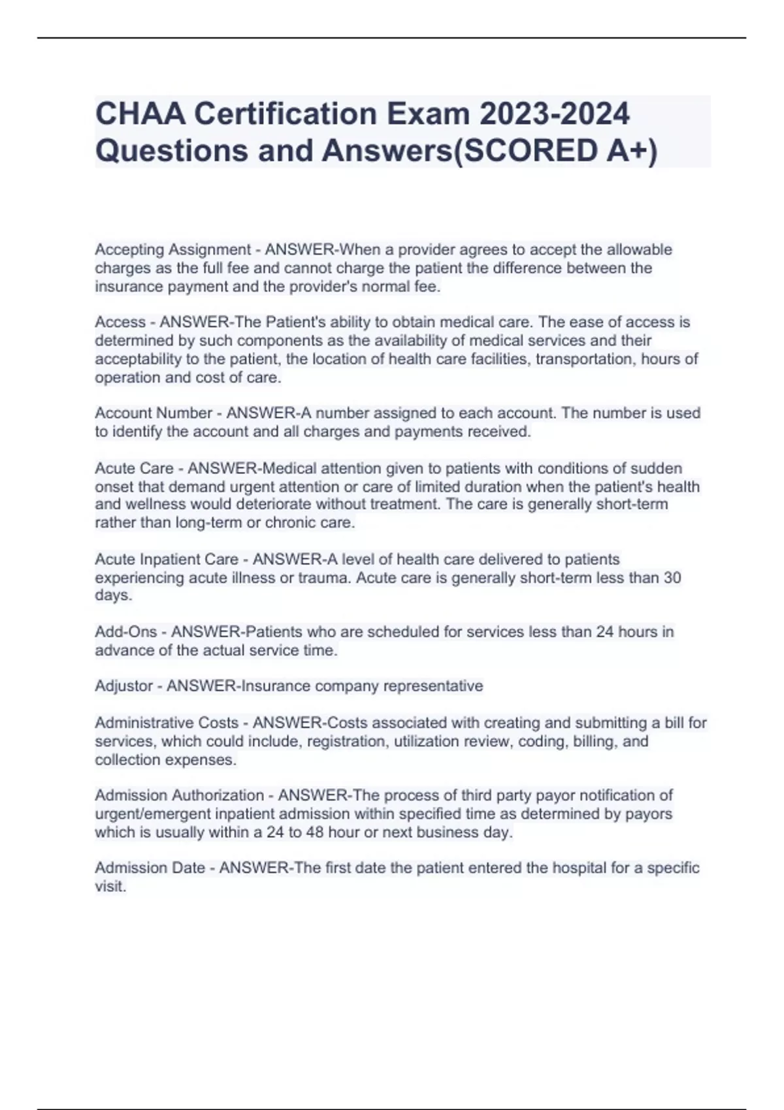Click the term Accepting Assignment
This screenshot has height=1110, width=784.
[x=172, y=249]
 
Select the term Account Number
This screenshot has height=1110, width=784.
[x=154, y=413]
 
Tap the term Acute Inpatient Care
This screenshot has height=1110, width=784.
[x=167, y=559]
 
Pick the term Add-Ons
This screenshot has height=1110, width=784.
[x=125, y=631]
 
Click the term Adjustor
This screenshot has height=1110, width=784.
[x=124, y=686]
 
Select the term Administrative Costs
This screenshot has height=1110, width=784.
[x=167, y=723]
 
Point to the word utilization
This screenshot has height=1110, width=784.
[x=427, y=741]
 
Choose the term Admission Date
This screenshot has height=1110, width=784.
[x=150, y=868]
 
